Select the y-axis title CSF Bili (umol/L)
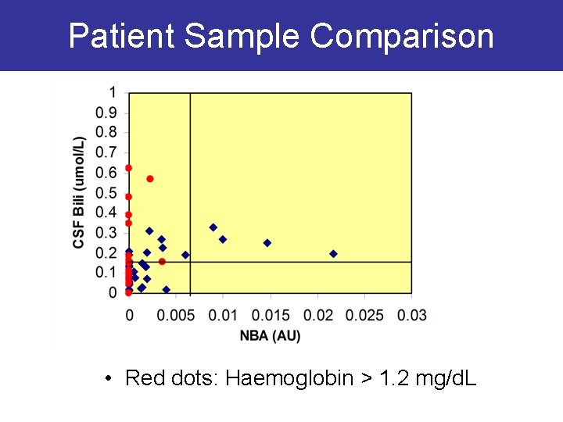pos(79,192)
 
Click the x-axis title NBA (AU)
pos(270,335)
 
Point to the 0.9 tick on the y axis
pos(107,113)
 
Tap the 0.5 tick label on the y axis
pos(107,193)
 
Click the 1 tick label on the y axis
pos(113,92)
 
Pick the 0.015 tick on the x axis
pos(270,315)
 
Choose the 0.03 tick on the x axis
pos(412,315)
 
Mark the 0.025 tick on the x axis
pos(364,315)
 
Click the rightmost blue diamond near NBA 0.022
pos(333,253)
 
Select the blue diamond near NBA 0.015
pos(267,243)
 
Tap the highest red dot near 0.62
pos(128,168)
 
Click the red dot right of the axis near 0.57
pos(150,179)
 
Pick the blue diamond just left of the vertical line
pos(185,255)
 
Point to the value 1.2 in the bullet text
pos(390,379)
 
